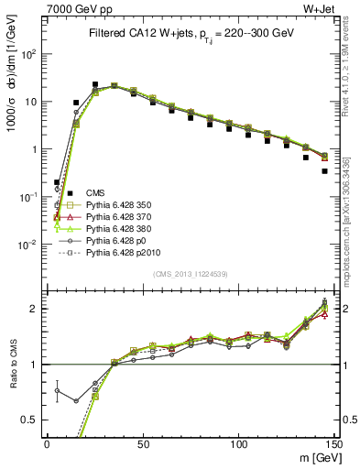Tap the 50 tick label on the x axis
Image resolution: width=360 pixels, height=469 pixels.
coord(142,442)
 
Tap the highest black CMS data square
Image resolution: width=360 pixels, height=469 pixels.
coord(94,84)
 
